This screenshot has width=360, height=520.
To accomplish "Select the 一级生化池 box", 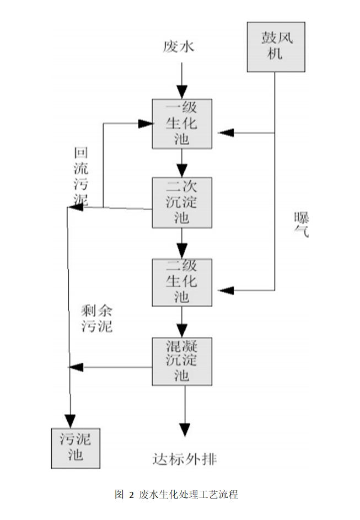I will coord(182,123).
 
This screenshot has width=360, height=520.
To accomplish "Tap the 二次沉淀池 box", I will coord(182,202).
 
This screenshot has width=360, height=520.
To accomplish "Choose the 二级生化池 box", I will coord(182,282).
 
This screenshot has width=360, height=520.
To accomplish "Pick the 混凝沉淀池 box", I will coord(182,361).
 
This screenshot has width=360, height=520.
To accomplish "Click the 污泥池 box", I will coord(76,447).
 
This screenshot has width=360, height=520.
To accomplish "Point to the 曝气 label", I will coord(301,224).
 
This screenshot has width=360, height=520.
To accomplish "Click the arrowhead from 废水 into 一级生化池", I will coord(182,92).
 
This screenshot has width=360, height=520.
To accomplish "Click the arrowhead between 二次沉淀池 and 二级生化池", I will coord(182,251).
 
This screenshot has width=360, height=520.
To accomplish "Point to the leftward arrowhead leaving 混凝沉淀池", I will coord(76,366).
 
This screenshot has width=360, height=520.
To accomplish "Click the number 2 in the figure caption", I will coord(131,494).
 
